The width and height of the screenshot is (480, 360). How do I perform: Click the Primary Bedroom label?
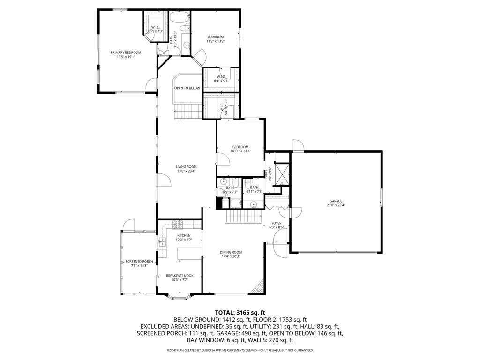click(126, 52)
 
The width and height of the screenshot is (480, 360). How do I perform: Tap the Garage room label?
click(335, 201)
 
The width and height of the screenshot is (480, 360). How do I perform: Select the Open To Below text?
click(187, 88)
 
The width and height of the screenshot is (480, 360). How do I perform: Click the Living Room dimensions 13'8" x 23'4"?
click(186, 171)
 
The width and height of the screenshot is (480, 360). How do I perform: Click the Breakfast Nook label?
click(180, 276)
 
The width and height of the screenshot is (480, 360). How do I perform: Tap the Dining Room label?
click(231, 252)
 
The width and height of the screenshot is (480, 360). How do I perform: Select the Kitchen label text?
click(183, 235)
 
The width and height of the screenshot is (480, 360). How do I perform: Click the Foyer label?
click(277, 223)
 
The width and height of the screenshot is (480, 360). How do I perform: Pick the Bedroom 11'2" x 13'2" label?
click(216, 37)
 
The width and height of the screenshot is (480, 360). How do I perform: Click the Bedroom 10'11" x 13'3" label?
click(240, 147)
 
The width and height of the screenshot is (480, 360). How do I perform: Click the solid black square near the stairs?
click(219, 203)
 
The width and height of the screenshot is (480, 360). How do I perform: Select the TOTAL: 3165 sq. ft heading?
click(240, 312)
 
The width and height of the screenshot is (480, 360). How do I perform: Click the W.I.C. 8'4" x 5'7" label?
click(221, 77)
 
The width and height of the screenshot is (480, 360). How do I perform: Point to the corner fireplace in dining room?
click(257, 287)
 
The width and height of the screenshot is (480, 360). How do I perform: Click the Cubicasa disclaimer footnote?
click(240, 350)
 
